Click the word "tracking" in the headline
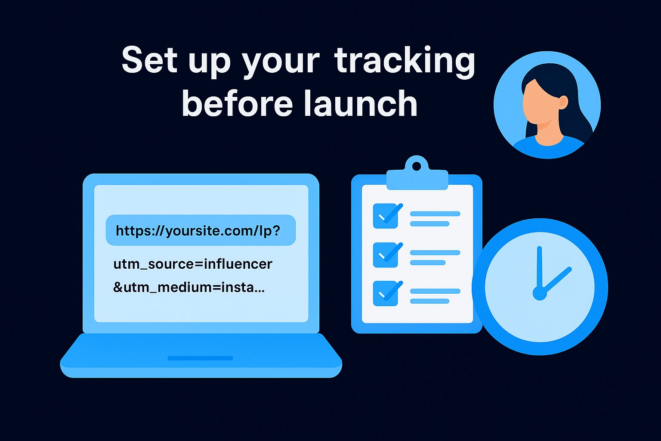click(405, 61)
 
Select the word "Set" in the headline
click(149, 60)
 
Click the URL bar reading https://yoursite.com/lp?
click(201, 230)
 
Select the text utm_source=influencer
click(193, 264)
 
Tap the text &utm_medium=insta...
click(188, 287)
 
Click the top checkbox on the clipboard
click(385, 216)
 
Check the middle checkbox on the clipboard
click(385, 254)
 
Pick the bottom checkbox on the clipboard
click(385, 293)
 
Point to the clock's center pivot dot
click(540, 294)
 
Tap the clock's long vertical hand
click(539, 267)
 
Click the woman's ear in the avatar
click(563, 102)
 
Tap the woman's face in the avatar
click(540, 106)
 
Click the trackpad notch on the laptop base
click(200, 358)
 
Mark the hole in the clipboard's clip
click(417, 166)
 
